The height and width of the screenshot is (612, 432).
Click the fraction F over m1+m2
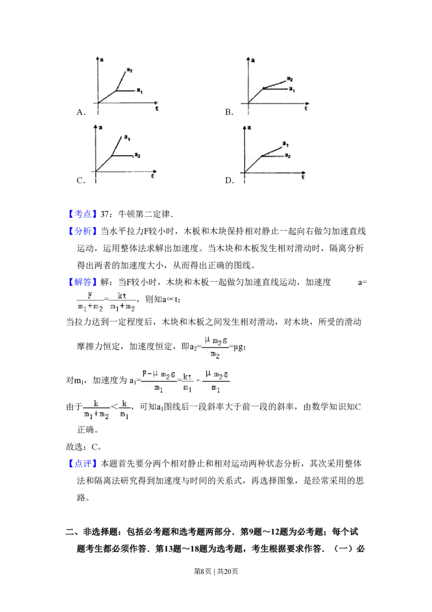89,303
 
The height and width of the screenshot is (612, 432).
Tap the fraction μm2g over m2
216,348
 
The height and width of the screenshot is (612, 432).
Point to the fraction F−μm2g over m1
159,382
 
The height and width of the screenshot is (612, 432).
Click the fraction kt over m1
187,382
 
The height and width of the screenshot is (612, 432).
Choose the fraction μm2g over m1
216,382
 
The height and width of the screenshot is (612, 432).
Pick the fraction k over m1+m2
97,410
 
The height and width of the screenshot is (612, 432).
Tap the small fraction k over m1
125,410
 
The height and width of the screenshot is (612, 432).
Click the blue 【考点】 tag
83,215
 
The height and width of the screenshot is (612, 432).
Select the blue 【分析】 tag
83,231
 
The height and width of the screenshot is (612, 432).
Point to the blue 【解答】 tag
83,282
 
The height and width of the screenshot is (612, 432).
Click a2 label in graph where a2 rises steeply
130,70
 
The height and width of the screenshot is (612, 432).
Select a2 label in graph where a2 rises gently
290,79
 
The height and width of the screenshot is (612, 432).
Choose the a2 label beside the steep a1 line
137,155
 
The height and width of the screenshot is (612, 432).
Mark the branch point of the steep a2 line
117,90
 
